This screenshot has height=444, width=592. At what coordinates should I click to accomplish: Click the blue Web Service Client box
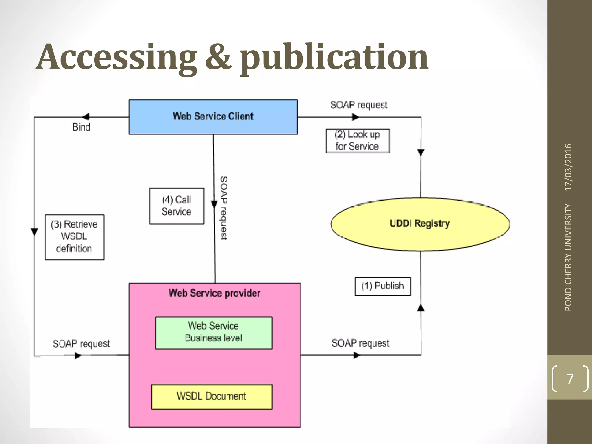(x=213, y=116)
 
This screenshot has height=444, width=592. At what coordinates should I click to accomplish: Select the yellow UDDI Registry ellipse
(x=420, y=224)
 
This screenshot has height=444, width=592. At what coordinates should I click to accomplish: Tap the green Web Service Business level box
(x=214, y=332)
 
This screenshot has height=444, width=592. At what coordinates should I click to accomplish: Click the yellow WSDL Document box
(x=212, y=396)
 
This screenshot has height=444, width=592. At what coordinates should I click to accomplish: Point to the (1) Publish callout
(x=383, y=286)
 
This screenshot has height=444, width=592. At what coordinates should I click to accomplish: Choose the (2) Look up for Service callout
(x=357, y=141)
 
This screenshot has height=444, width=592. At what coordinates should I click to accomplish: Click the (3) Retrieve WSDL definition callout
(x=75, y=237)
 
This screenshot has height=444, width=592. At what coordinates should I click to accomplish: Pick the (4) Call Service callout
(x=177, y=206)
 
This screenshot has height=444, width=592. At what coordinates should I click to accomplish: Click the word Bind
(x=81, y=127)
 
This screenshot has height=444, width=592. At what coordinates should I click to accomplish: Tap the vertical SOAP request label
(x=224, y=208)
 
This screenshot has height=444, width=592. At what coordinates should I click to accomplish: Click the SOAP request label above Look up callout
(x=358, y=105)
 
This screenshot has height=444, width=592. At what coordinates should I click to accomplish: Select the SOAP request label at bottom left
(x=81, y=344)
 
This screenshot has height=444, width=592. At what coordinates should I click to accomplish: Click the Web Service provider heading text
(x=214, y=293)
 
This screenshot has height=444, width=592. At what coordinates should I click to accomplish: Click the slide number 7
(x=570, y=379)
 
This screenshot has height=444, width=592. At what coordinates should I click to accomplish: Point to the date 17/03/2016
(x=568, y=167)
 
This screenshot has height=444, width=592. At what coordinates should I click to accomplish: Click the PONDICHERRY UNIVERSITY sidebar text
(x=568, y=257)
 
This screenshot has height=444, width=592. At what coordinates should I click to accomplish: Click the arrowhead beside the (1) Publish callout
(x=421, y=308)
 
